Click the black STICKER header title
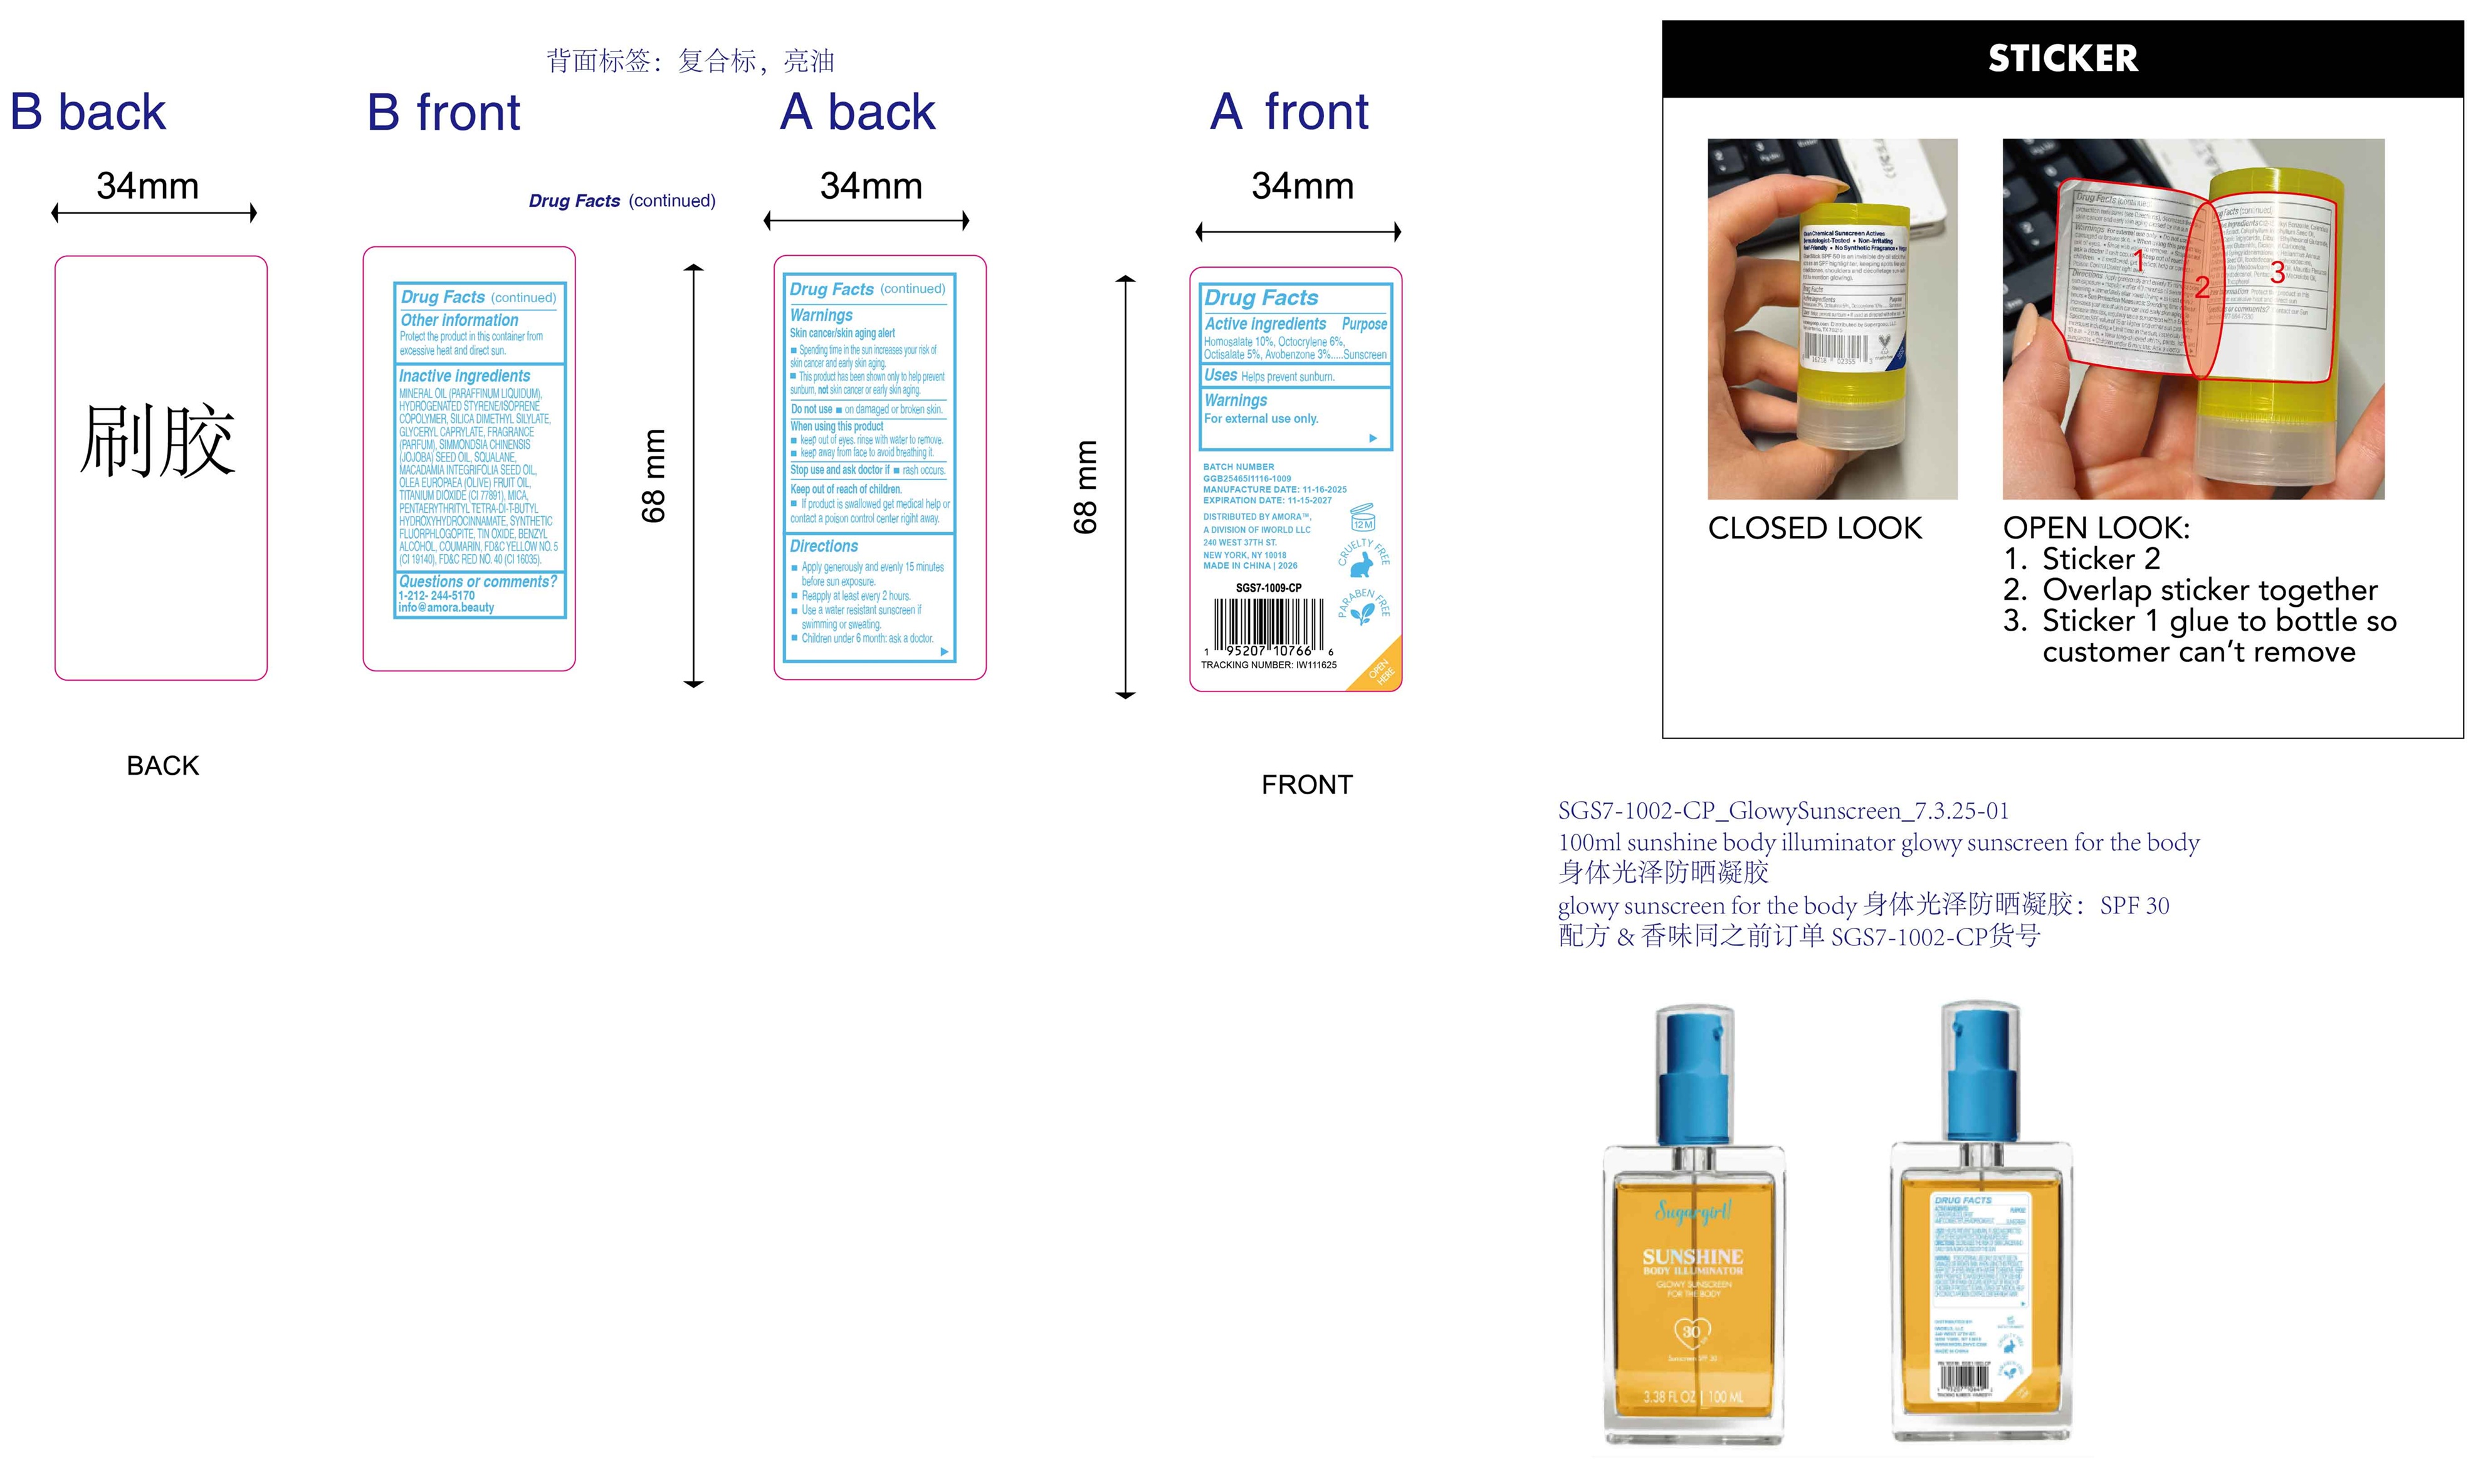(x=2062, y=58)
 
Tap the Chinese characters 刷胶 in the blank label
(x=158, y=441)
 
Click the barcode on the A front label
(x=1269, y=623)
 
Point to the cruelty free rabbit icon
(x=1362, y=564)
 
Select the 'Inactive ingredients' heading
(x=464, y=376)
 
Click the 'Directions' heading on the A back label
(x=824, y=546)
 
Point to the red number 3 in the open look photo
(x=2277, y=273)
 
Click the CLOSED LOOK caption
(x=1815, y=528)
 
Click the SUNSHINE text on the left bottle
(x=1693, y=1257)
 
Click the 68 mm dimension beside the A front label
(x=1085, y=486)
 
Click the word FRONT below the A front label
(x=1306, y=785)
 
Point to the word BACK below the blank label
(x=163, y=766)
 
